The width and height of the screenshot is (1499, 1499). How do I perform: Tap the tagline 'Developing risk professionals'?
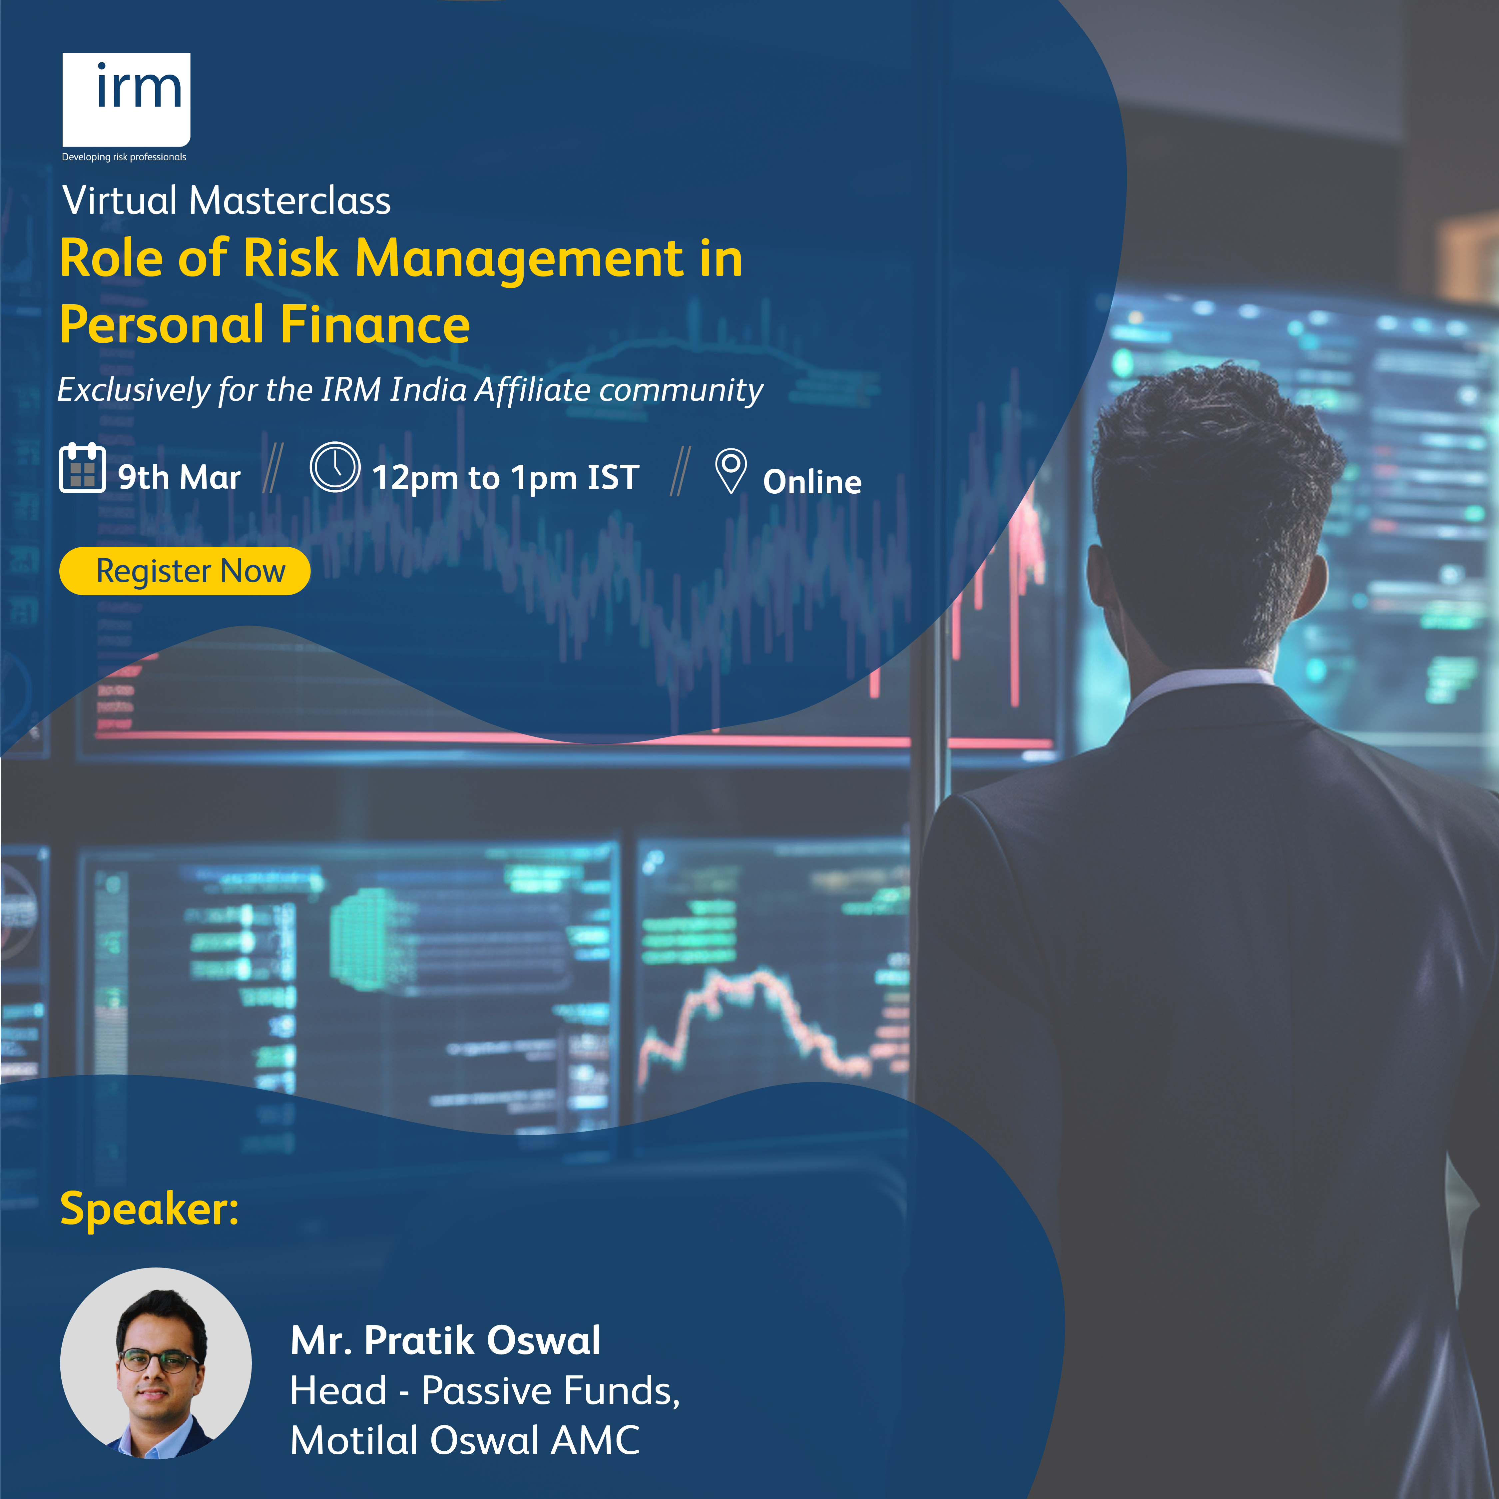(124, 157)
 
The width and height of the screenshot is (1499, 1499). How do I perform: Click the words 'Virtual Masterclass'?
(227, 200)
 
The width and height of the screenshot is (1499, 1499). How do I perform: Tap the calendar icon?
(82, 467)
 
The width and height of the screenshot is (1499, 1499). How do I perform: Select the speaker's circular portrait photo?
(156, 1363)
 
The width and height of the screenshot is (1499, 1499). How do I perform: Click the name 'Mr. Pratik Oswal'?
(445, 1340)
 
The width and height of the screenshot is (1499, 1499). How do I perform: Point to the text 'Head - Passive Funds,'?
(485, 1390)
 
